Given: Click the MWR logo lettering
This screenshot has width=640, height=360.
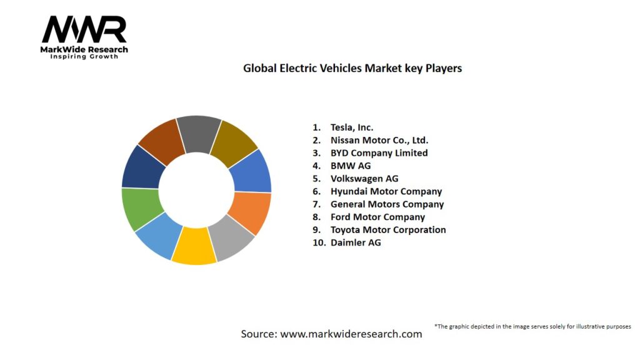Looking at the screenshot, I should point(84,29).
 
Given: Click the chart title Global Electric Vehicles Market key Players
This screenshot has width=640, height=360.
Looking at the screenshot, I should point(352,68).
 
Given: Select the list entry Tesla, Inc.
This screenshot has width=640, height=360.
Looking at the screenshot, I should point(352,127).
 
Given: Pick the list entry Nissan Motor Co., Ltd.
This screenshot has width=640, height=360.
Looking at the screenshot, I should point(379,140).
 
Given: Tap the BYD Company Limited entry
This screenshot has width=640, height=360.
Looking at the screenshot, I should point(379,152).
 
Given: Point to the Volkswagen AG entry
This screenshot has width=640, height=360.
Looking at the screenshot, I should point(364,178).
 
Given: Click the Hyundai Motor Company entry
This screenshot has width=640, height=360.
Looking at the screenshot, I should point(386,191).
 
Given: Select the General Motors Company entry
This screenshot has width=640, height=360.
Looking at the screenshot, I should point(387,204).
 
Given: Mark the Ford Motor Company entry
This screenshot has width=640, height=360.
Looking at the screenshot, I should point(377,217).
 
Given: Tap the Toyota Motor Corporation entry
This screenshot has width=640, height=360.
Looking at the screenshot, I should point(387,229).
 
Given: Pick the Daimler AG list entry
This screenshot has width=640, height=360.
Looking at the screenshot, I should point(355,242).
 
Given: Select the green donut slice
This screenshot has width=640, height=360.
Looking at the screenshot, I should point(142,208).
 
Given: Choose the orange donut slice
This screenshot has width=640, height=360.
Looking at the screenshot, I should point(250,212).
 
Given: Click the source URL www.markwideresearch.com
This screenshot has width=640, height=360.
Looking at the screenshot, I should point(351,334).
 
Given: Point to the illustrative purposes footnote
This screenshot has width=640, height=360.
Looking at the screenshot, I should point(532,326).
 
